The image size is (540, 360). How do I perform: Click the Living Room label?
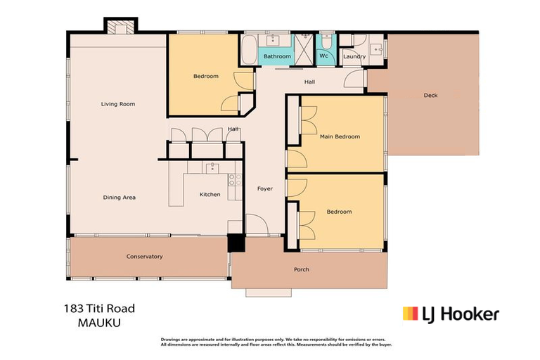(117, 104)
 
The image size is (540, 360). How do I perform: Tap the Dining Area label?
(119, 198)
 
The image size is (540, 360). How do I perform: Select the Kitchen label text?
(210, 195)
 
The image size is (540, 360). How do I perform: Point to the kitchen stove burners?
(233, 179)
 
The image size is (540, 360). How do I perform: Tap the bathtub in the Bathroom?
(250, 51)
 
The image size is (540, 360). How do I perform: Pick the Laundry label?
(354, 57)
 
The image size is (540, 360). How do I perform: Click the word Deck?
(430, 95)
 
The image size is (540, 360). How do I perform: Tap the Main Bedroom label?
(340, 136)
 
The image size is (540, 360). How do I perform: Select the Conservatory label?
(144, 257)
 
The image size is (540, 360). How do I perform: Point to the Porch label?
(300, 269)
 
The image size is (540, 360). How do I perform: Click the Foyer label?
(264, 188)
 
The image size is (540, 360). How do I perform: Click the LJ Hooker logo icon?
(411, 314)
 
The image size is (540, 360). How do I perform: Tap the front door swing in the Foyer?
(256, 225)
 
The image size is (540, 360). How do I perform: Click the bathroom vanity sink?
(276, 39)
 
